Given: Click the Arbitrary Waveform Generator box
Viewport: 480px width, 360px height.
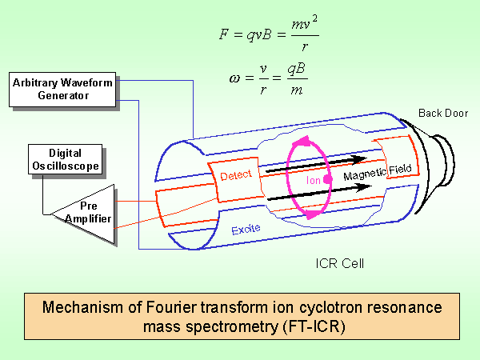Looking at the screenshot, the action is click(62, 90).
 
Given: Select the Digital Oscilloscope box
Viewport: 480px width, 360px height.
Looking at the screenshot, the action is click(66, 159).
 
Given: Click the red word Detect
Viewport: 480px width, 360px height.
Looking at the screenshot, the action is click(236, 175).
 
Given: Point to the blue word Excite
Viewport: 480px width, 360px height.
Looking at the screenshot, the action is click(246, 230).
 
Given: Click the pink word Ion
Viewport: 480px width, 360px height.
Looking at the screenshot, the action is click(313, 180).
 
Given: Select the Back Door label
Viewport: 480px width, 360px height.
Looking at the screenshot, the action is click(443, 114).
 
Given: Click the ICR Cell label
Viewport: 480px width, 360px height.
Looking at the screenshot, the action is click(340, 263).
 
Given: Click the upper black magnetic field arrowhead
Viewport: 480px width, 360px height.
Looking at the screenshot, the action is click(358, 160).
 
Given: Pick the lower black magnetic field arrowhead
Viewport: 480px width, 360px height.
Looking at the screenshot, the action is click(364, 187).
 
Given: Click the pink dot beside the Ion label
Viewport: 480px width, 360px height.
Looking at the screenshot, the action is click(328, 179).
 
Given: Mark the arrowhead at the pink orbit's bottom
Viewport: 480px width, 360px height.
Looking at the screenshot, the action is click(312, 214).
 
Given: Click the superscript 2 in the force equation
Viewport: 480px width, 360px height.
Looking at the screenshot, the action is click(314, 19).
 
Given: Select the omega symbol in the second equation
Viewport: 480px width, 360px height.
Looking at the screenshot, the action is click(234, 78).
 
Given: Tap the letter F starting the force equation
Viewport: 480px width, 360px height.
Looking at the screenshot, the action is click(224, 34).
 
